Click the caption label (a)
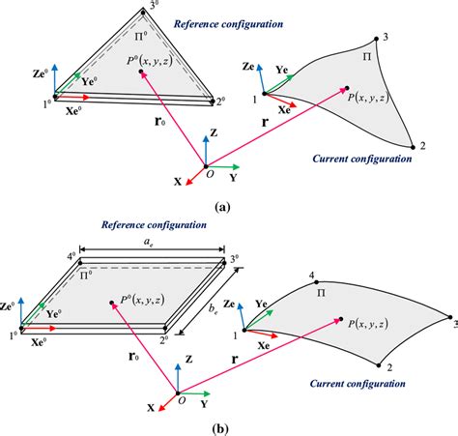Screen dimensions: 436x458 (222, 207)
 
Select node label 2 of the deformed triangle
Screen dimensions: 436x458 (422, 146)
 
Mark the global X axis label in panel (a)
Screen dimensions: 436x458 (175, 180)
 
